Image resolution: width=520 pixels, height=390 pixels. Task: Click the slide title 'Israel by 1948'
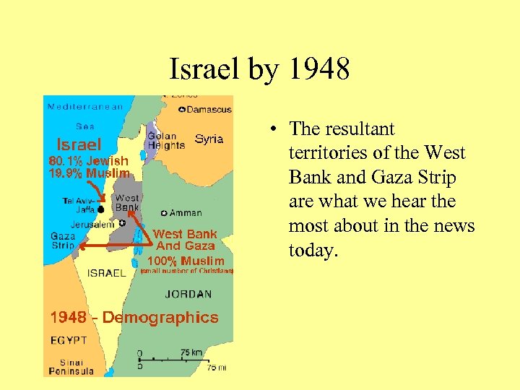259,69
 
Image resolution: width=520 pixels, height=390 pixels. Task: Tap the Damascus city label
209,110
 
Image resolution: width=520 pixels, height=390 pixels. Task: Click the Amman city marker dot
164,213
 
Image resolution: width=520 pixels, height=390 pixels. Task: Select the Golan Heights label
162,141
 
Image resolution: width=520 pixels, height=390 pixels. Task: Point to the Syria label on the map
209,139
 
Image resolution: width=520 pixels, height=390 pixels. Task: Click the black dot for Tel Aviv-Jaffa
101,209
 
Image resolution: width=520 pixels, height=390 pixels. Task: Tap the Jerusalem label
92,225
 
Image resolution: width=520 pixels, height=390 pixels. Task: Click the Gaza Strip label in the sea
63,240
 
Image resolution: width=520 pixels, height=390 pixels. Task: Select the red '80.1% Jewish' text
88,161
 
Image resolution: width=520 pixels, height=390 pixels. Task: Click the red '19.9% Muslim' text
89,173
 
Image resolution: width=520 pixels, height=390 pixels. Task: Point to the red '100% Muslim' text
186,261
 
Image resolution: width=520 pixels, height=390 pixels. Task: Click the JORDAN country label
188,294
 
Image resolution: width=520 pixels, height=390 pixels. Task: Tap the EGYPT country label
69,339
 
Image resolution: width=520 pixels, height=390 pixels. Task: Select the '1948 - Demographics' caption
134,317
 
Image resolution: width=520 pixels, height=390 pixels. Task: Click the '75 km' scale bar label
191,352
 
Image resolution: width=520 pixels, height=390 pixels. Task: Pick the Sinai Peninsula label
71,367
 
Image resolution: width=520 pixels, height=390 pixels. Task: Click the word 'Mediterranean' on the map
85,107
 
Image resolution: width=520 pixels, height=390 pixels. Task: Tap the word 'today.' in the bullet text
313,251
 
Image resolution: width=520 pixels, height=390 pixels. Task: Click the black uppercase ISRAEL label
107,273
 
